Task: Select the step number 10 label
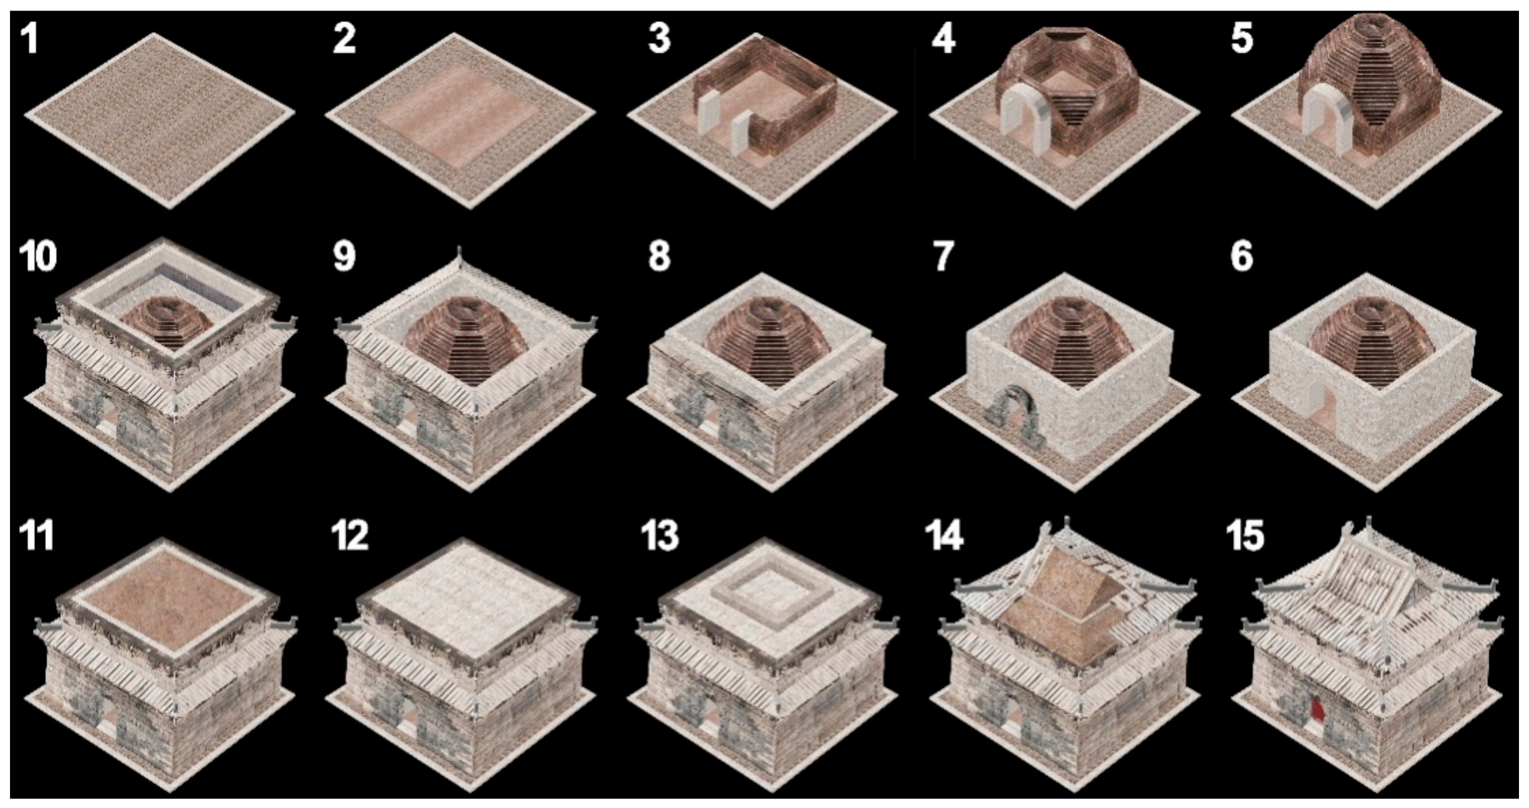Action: tap(38, 256)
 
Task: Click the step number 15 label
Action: tap(1245, 536)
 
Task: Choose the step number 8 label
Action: tap(659, 256)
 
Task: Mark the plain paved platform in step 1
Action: tap(159, 119)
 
